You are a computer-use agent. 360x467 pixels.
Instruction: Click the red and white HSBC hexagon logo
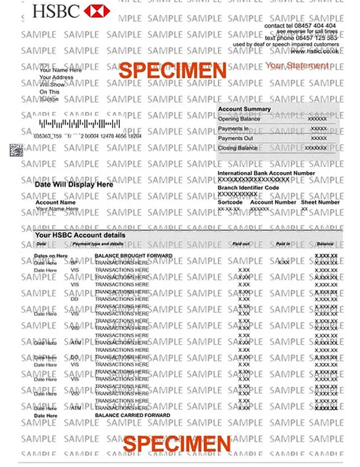pos(96,11)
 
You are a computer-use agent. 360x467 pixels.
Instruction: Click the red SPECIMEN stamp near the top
pos(172,71)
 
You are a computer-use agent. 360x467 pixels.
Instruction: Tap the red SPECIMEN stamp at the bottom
pos(177,444)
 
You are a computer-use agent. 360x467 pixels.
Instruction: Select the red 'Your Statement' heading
pos(296,65)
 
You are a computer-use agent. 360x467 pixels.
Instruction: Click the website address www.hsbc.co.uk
pos(314,51)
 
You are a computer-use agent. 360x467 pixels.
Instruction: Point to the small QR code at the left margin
pos(16,150)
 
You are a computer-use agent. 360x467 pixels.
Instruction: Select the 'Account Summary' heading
pos(244,109)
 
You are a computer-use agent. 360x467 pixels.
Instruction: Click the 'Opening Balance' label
pos(239,119)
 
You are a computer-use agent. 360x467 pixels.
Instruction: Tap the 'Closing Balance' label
pos(238,148)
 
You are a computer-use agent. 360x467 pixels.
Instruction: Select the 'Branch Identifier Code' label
pos(248,187)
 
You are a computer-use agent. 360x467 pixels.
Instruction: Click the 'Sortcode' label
pos(230,202)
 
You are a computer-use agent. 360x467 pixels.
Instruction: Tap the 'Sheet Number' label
pos(320,202)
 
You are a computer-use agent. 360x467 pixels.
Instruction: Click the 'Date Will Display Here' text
pos(74,185)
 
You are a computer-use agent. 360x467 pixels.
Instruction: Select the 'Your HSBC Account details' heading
pos(80,235)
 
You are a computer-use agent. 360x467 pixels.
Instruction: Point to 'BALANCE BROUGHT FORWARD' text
pos(133,256)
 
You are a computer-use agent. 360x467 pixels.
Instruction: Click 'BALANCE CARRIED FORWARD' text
pos(132,415)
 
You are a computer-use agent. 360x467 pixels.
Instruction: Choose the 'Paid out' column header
pos(240,244)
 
